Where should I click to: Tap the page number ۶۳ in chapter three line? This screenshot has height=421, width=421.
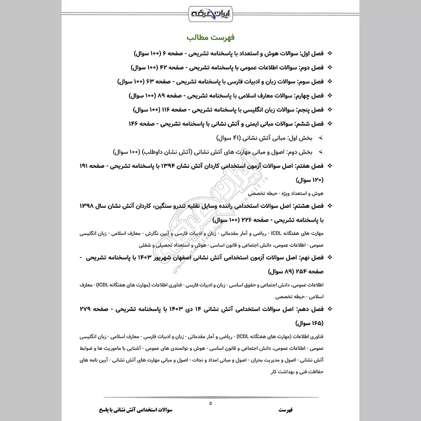158,82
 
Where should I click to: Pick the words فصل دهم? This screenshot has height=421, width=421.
309,307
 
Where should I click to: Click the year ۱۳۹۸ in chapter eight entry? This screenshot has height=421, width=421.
90,205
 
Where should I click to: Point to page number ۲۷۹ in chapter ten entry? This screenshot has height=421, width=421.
99,307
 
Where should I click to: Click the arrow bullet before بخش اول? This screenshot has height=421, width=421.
320,138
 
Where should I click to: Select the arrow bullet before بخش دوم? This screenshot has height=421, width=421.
320,152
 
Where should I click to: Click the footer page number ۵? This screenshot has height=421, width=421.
210,403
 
